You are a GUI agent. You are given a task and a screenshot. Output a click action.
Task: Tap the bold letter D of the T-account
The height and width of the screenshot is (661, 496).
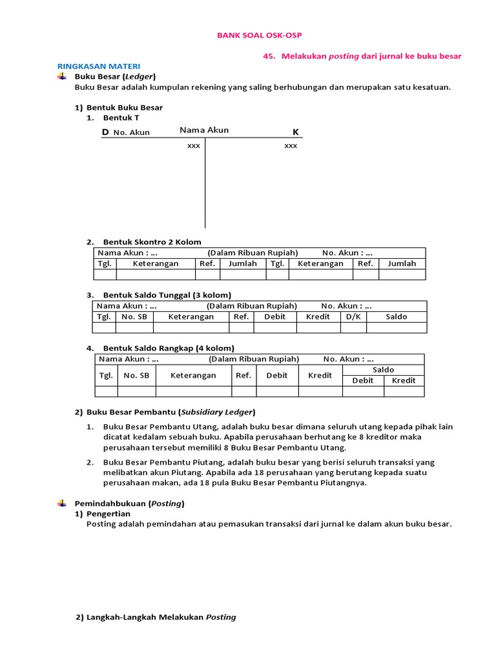(105, 132)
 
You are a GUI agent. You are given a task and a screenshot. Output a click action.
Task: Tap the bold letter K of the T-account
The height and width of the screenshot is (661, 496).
(296, 132)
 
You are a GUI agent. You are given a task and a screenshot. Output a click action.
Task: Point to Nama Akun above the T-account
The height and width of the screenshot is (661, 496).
(204, 130)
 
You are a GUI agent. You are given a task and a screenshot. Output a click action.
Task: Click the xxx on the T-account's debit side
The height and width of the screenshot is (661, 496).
(194, 146)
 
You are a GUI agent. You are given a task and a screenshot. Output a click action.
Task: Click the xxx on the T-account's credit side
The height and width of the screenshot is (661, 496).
(291, 146)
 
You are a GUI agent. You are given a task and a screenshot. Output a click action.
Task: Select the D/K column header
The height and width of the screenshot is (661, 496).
(354, 317)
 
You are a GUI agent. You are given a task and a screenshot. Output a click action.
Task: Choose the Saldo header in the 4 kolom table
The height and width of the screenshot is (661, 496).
(383, 370)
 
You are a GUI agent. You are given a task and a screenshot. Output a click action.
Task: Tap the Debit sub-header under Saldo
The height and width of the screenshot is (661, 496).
(362, 380)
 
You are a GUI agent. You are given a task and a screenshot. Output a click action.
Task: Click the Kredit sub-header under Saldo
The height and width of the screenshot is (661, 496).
(404, 380)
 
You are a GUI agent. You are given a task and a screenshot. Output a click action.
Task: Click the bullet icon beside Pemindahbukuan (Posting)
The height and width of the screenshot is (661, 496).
(61, 503)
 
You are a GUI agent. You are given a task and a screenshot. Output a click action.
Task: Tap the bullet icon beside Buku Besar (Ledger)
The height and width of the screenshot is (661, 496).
(61, 76)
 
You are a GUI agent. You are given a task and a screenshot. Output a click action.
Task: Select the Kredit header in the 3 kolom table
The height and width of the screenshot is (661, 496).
(318, 317)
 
